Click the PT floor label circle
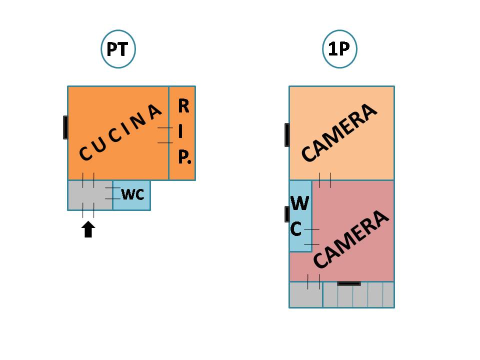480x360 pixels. pyautogui.click(x=118, y=49)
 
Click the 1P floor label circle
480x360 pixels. pyautogui.click(x=339, y=49)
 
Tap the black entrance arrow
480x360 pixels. pyautogui.click(x=88, y=229)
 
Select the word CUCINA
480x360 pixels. pyautogui.click(x=121, y=132)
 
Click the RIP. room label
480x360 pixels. pyautogui.click(x=183, y=132)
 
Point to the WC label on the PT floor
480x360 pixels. pyautogui.click(x=132, y=194)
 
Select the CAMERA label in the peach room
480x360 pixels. pyautogui.click(x=338, y=132)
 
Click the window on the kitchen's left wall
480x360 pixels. pyautogui.click(x=65, y=127)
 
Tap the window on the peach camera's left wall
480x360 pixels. pyautogui.click(x=287, y=134)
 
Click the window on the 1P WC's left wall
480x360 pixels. pyautogui.click(x=287, y=214)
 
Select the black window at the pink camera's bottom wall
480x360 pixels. pyautogui.click(x=349, y=283)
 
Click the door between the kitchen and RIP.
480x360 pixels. pyautogui.click(x=165, y=135)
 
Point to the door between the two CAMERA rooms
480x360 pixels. pyautogui.click(x=325, y=180)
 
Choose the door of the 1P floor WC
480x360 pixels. pyautogui.click(x=312, y=236)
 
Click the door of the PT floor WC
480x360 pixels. pyautogui.click(x=112, y=193)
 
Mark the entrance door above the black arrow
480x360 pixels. pyautogui.click(x=88, y=210)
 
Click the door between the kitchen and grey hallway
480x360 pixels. pyautogui.click(x=88, y=180)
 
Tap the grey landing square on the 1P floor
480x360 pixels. pyautogui.click(x=306, y=294)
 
